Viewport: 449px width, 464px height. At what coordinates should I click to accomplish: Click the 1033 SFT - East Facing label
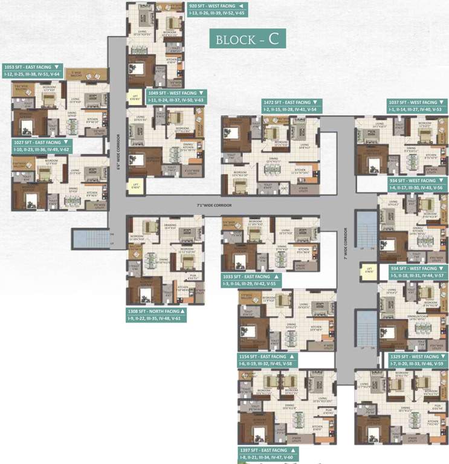click(249, 276)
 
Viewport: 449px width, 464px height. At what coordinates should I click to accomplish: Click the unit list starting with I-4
click(416, 187)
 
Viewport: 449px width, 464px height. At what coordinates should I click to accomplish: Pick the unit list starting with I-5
click(417, 275)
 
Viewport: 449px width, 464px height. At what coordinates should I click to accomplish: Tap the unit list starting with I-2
click(289, 109)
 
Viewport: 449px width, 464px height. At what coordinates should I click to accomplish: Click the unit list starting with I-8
click(266, 457)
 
